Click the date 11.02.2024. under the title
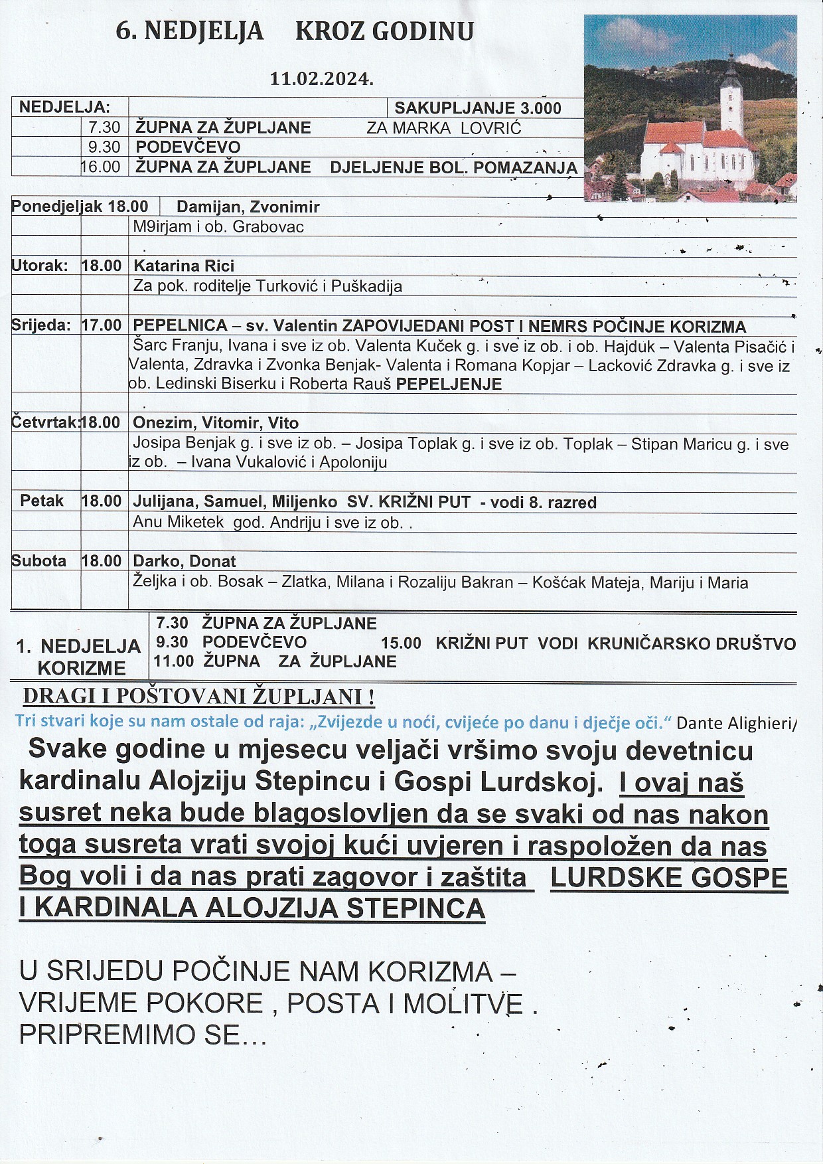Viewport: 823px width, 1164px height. click(x=321, y=78)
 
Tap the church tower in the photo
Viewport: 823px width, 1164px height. click(x=731, y=100)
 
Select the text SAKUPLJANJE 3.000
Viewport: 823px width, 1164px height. click(x=478, y=108)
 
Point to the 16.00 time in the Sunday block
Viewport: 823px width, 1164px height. click(x=101, y=167)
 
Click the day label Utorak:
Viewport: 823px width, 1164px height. click(x=40, y=266)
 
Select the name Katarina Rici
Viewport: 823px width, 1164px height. click(x=184, y=266)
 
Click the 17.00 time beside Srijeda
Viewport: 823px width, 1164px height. click(x=102, y=326)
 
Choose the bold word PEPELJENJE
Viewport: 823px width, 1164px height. click(x=449, y=384)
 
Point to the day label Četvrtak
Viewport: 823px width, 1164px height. click(x=44, y=423)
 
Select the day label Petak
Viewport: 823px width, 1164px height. click(x=42, y=501)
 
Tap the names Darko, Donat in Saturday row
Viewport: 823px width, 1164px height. click(x=185, y=562)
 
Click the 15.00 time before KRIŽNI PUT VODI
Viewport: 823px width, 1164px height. click(x=401, y=643)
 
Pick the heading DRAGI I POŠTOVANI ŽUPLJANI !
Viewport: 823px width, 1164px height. click(x=199, y=697)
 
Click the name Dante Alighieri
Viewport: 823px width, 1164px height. click(x=735, y=723)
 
